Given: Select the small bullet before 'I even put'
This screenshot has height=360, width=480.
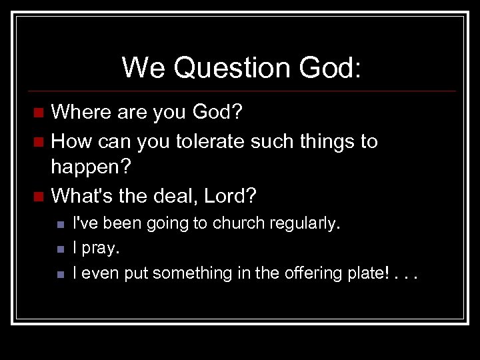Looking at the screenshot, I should tap(59, 274).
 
